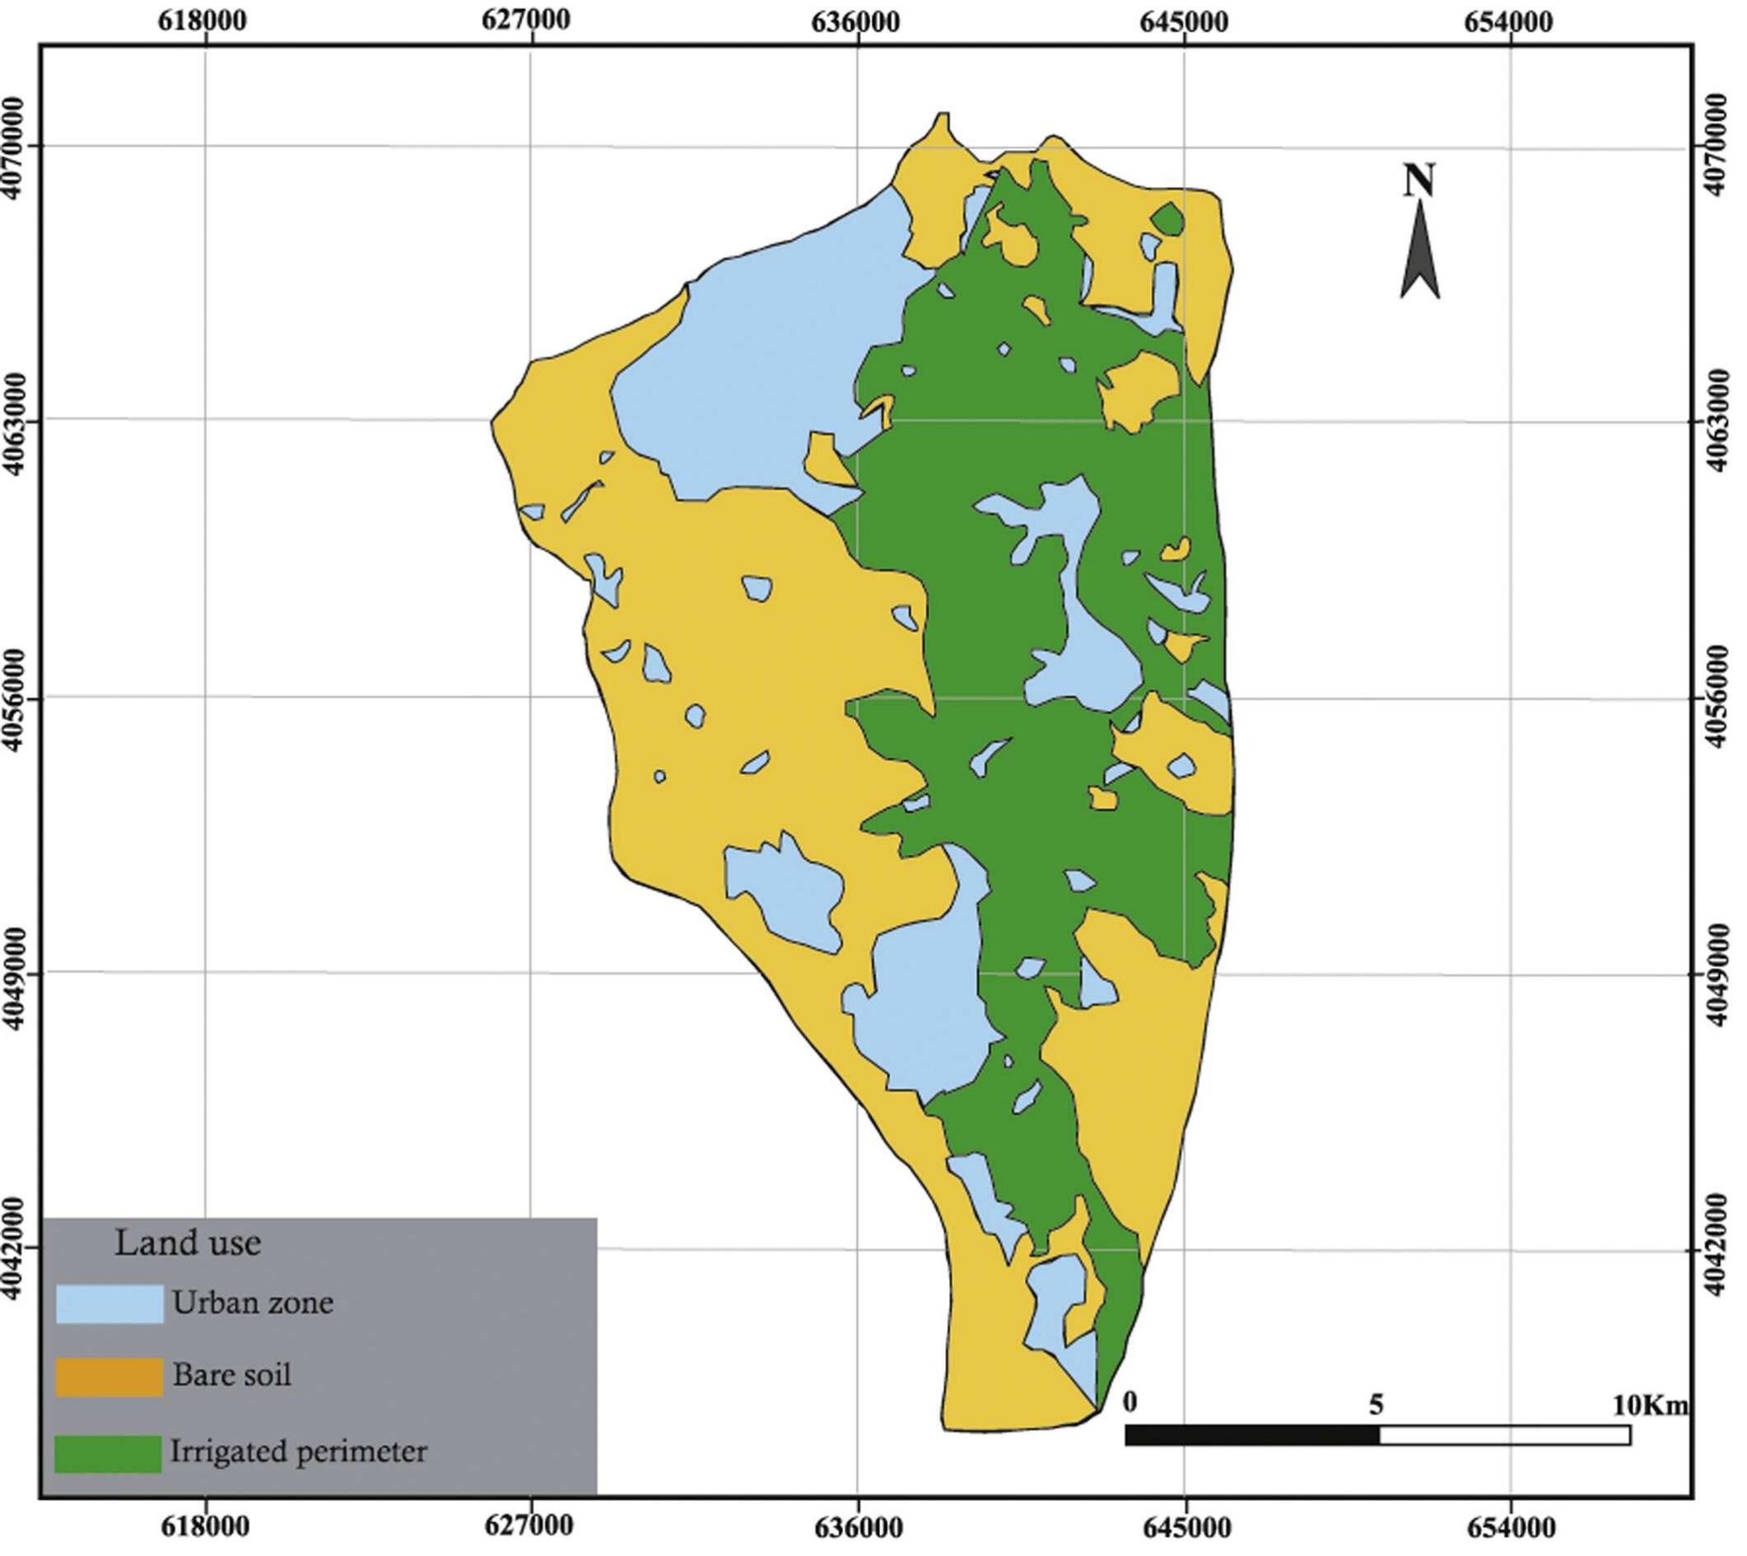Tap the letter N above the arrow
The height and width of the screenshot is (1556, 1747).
pyautogui.click(x=1419, y=180)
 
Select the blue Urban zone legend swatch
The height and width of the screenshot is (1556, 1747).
pyautogui.click(x=109, y=1304)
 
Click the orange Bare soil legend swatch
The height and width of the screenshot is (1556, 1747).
pyautogui.click(x=109, y=1377)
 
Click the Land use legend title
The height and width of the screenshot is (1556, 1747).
pyautogui.click(x=187, y=1242)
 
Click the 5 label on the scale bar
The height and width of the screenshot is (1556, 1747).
pyautogui.click(x=1375, y=1404)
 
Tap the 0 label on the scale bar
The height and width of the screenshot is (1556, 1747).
pyautogui.click(x=1130, y=1403)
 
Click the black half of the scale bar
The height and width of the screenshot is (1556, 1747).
pyautogui.click(x=1252, y=1436)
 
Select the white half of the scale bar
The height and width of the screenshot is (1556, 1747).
pyautogui.click(x=1504, y=1436)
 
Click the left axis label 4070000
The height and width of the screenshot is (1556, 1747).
pyautogui.click(x=18, y=147)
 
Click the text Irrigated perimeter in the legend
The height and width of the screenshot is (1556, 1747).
pyautogui.click(x=298, y=1451)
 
